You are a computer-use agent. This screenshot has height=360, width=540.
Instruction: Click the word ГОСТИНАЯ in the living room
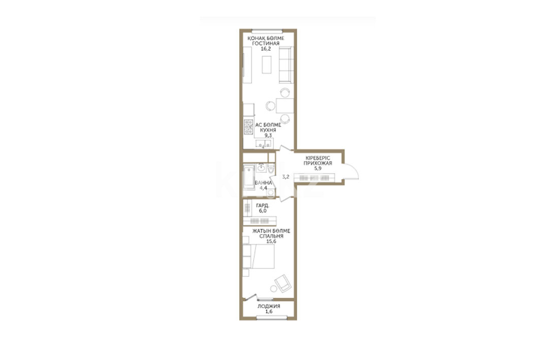coord(266,43)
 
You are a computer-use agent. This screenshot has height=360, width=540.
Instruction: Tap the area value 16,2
coord(266,49)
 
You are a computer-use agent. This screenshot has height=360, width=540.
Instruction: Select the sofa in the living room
coord(286,64)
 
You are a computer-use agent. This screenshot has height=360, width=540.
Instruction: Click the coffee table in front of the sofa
coord(267,64)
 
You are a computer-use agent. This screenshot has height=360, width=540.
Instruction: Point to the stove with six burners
coord(248,126)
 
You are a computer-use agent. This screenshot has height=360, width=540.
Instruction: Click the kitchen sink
coord(264,144)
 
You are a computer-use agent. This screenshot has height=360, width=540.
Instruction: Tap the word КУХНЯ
coord(268,130)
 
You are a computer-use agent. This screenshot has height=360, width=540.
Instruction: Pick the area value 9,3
coord(268,135)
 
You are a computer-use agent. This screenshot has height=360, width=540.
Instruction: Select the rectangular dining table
coord(285,106)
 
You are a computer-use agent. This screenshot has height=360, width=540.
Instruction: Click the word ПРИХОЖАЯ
coord(317,163)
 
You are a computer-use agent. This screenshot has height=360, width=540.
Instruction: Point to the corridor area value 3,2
coord(285,177)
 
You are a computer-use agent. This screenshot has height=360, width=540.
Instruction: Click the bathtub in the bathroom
coord(248,177)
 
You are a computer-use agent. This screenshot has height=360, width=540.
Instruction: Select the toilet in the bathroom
coord(271,169)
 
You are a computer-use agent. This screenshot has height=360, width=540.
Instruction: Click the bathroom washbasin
coord(261,168)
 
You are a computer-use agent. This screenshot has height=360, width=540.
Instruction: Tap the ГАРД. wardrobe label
coord(263,206)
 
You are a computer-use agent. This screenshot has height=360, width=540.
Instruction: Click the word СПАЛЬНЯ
coord(271,236)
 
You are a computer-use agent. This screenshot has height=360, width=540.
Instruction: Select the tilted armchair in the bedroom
coord(283,283)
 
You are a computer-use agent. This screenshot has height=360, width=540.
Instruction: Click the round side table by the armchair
coord(274,289)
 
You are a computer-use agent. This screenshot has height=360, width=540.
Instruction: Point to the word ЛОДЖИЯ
coord(269,306)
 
